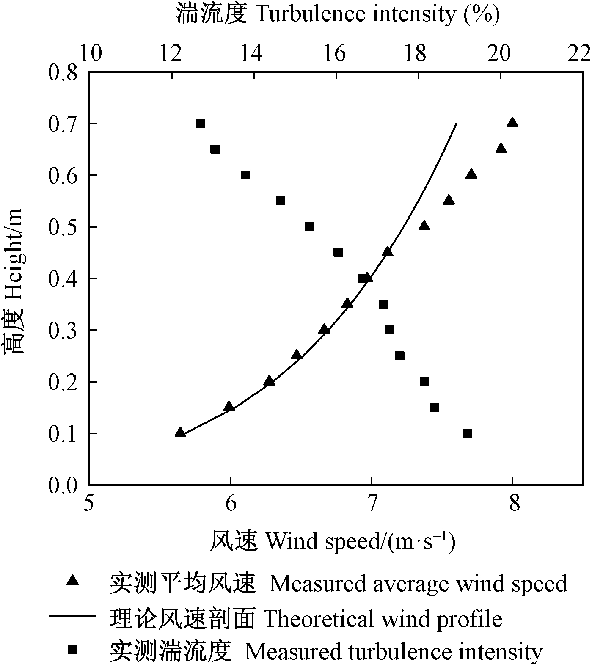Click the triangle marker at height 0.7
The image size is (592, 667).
(x=512, y=123)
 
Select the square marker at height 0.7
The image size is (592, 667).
(x=201, y=124)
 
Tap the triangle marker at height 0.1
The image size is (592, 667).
(x=180, y=433)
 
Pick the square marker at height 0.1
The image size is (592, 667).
(x=468, y=433)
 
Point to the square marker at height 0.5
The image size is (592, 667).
(x=309, y=227)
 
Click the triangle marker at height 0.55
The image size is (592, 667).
(x=449, y=200)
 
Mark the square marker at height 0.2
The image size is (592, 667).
(x=424, y=382)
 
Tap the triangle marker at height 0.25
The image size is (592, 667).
(x=297, y=355)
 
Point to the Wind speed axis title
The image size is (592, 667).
(x=333, y=542)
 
